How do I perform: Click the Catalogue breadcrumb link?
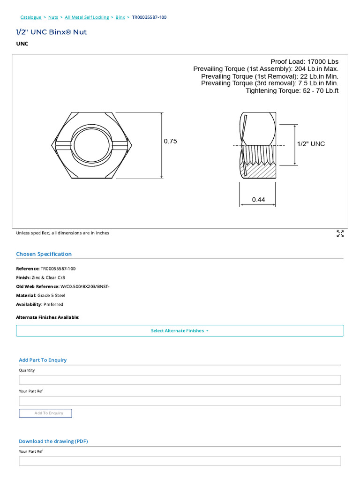tap(30, 17)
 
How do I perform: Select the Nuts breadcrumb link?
tap(53, 17)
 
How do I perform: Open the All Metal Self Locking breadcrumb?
tap(87, 17)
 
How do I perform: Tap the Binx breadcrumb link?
tap(120, 17)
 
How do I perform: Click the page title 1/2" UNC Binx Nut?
tap(52, 32)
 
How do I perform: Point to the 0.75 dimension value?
tap(170, 141)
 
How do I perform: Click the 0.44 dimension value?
tap(258, 200)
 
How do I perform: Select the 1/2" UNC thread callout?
tap(311, 144)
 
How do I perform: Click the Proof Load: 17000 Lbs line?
tap(304, 61)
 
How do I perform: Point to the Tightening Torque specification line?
tap(292, 90)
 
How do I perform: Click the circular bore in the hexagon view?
tap(92, 145)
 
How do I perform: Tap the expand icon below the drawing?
tap(340, 234)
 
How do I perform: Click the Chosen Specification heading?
tap(44, 254)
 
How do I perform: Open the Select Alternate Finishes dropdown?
tap(180, 331)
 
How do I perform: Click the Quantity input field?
tap(180, 380)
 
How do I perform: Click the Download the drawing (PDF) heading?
tap(53, 441)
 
